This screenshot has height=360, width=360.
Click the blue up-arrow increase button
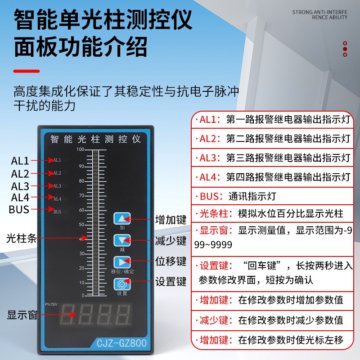click(x=121, y=219)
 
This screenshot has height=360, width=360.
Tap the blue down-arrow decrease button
click(x=121, y=240)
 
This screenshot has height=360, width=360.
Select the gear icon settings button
click(x=121, y=284)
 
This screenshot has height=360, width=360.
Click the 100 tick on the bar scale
click(x=80, y=149)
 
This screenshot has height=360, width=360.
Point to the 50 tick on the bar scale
click(x=81, y=224)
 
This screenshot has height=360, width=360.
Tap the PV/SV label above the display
click(x=52, y=305)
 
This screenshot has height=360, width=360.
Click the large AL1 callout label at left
click(x=20, y=161)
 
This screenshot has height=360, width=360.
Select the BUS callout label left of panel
click(x=19, y=209)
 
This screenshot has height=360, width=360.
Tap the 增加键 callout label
click(x=171, y=220)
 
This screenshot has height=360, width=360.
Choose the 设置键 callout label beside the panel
click(x=171, y=282)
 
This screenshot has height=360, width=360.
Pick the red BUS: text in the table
click(x=209, y=196)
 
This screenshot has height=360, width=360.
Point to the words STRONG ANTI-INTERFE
click(x=320, y=12)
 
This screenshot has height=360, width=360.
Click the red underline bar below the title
click(x=27, y=70)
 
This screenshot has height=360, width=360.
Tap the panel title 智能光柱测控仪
click(x=95, y=139)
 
